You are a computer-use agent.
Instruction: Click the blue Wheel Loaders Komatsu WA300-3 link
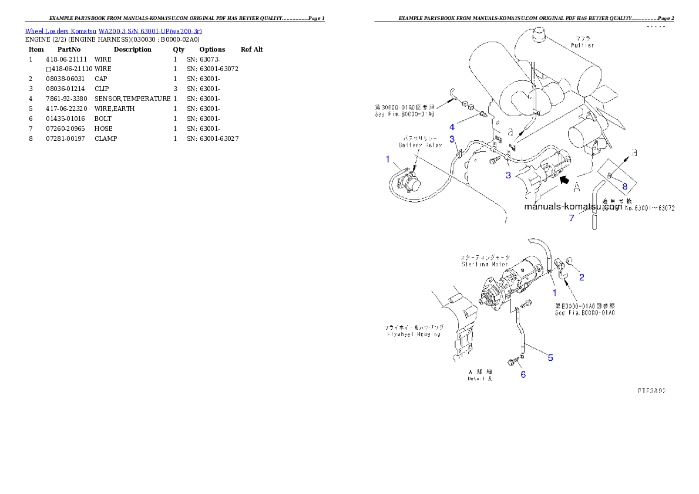click(113, 31)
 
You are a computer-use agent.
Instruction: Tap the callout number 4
click(452, 127)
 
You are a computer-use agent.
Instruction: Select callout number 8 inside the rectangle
click(624, 186)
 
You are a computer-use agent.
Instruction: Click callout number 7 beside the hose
click(571, 218)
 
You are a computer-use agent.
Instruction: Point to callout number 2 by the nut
click(582, 278)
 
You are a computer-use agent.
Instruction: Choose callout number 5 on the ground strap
click(550, 357)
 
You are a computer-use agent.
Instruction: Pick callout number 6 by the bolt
click(522, 374)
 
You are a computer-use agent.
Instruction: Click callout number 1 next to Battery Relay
click(388, 159)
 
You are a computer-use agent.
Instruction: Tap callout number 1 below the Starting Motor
click(553, 292)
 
